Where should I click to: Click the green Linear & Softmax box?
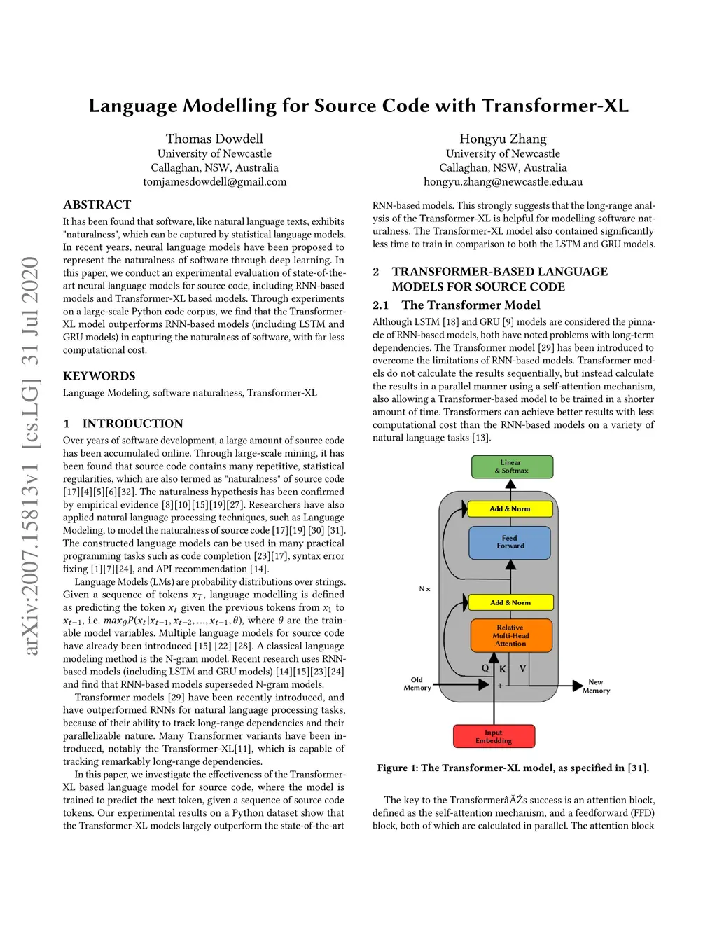click(512, 466)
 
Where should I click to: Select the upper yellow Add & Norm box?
click(510, 508)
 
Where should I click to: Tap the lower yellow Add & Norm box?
click(510, 602)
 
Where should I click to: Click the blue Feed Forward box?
click(510, 542)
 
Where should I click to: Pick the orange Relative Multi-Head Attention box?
click(511, 635)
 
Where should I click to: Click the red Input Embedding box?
click(494, 736)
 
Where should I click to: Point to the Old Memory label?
click(417, 684)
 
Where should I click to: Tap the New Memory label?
click(596, 686)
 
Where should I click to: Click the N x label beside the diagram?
click(424, 589)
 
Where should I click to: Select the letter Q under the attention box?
click(485, 668)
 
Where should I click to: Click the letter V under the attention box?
click(522, 668)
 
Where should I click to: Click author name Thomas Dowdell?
click(214, 139)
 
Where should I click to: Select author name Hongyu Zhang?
click(503, 139)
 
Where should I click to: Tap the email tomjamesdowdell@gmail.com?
click(214, 181)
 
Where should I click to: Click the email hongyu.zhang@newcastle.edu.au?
click(503, 181)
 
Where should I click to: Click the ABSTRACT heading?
click(97, 205)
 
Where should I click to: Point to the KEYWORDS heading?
click(99, 375)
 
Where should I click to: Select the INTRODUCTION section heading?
click(132, 423)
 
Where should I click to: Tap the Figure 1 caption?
click(513, 768)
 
